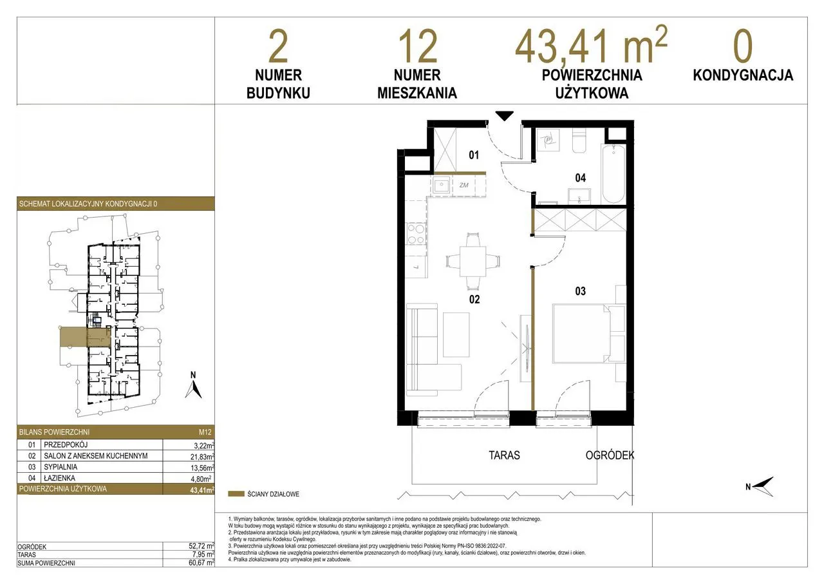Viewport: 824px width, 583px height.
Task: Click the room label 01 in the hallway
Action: (474, 155)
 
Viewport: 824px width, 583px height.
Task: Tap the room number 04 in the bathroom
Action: (580, 178)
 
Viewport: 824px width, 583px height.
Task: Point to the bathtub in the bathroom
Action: (613, 174)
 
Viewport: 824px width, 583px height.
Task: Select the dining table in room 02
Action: (473, 261)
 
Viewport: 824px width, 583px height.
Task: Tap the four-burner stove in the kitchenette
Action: (416, 234)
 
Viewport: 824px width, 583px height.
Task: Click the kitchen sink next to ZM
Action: (441, 185)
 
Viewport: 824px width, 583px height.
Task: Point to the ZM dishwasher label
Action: (464, 185)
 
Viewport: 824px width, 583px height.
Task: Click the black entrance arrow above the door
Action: (504, 115)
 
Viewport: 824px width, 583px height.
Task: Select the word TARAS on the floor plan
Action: (504, 455)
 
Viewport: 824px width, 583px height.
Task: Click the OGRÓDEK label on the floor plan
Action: (610, 455)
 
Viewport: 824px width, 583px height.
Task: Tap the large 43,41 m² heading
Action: (591, 45)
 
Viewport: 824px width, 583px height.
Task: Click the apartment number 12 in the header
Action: (418, 47)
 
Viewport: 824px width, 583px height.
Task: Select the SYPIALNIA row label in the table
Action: (61, 467)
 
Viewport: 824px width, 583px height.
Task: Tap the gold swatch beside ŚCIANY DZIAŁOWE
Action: (236, 494)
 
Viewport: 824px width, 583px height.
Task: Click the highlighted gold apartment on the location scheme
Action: (86, 337)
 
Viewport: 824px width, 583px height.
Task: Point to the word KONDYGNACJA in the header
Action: (743, 75)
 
